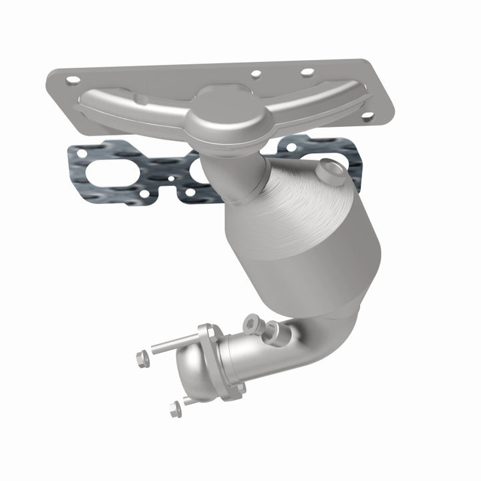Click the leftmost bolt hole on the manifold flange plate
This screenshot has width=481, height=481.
coord(73,80)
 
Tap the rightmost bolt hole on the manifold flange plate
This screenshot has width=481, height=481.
coord(367,116)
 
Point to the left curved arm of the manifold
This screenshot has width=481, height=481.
coord(127,106)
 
